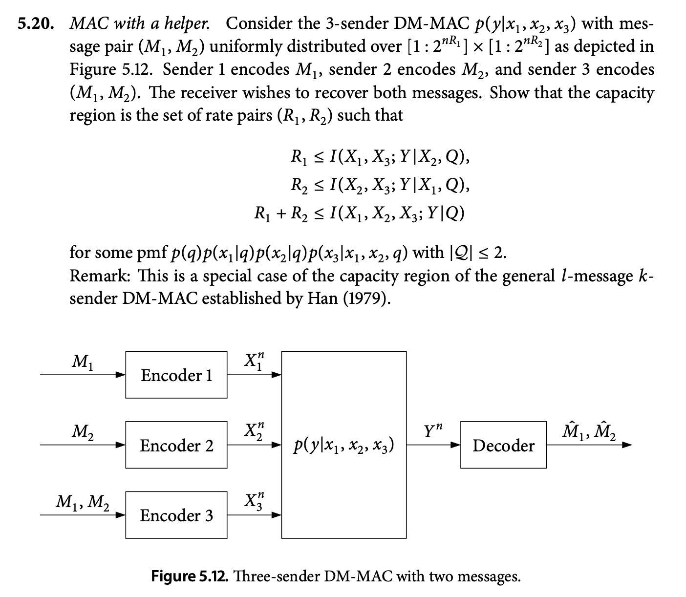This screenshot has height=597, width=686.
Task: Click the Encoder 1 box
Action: coord(176,375)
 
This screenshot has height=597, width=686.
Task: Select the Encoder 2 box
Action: coord(176,445)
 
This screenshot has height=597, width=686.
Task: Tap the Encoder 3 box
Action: coord(176,515)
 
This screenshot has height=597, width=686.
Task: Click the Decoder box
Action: coord(503,445)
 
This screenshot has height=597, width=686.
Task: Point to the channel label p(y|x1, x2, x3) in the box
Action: coord(343,446)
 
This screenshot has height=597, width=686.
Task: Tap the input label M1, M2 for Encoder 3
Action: coord(82,501)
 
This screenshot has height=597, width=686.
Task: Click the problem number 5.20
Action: coord(35,23)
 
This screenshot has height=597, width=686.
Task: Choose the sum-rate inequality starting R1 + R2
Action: coord(359,213)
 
